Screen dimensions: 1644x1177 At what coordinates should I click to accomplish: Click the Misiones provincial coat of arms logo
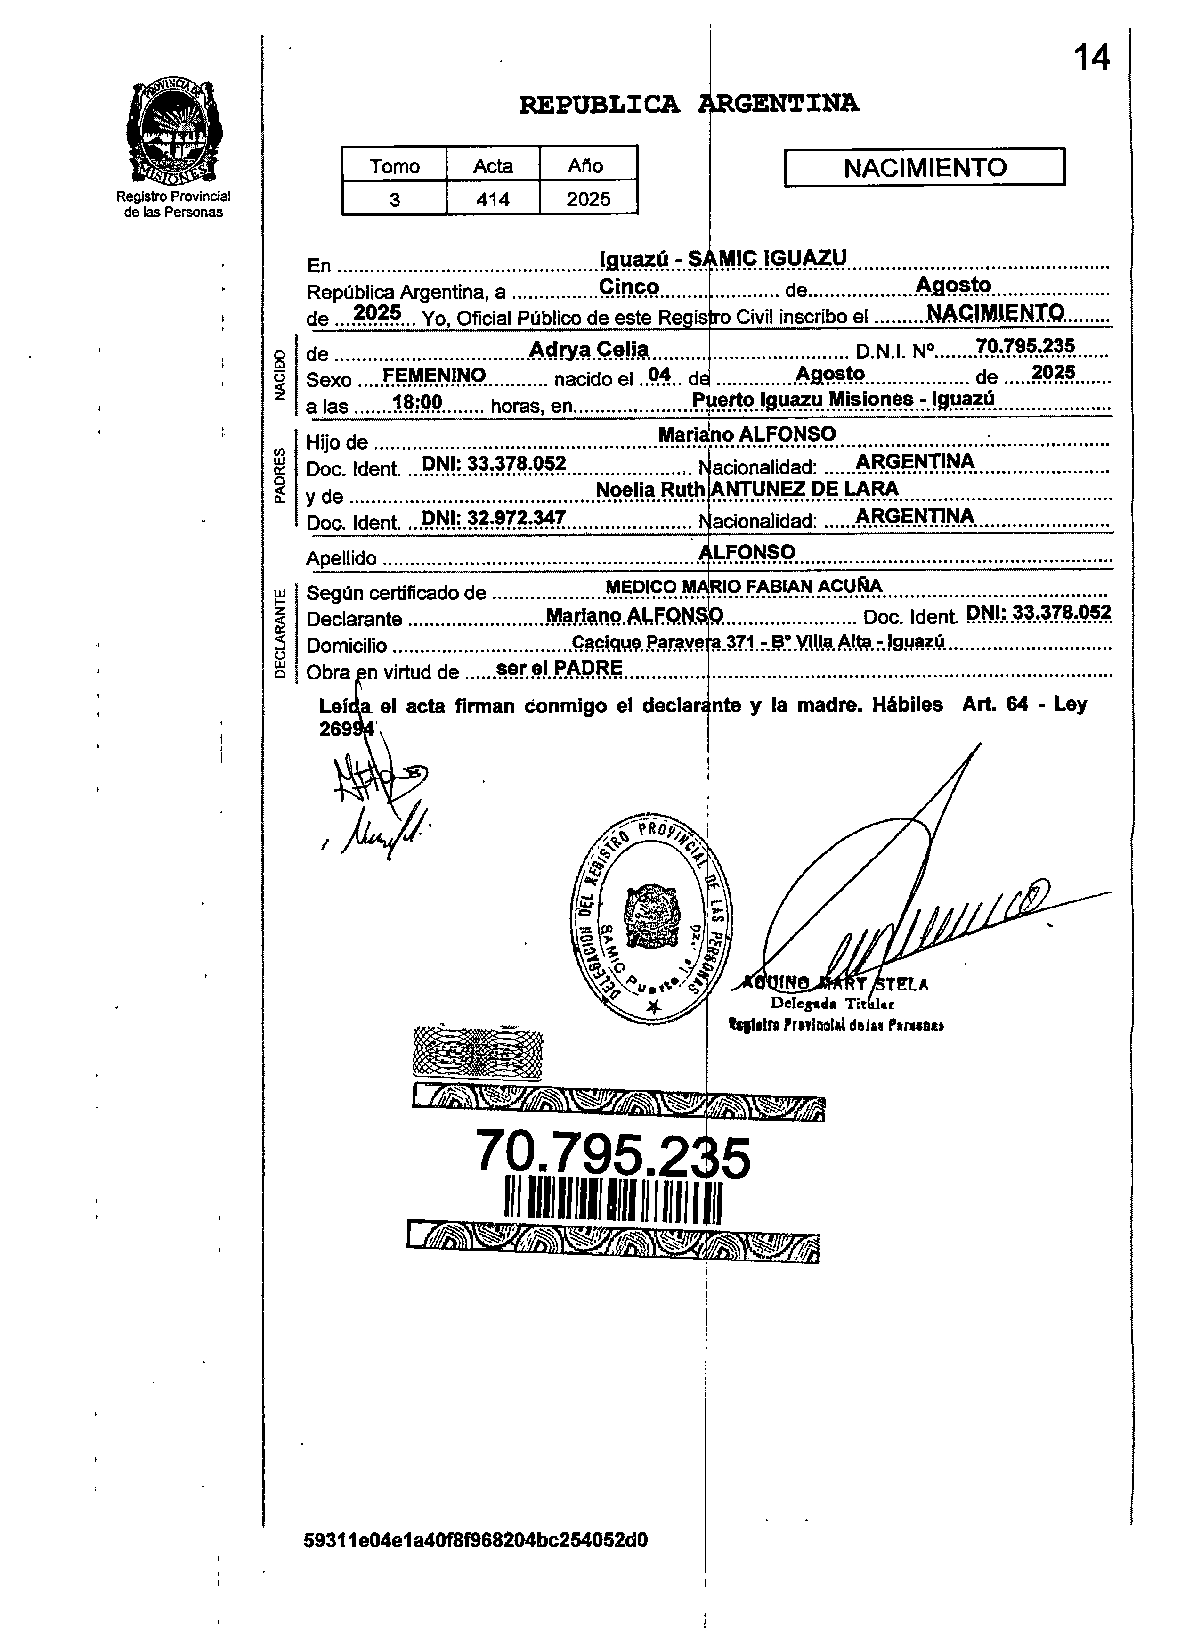[x=174, y=132]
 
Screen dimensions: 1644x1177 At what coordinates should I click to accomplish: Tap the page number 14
[x=1091, y=58]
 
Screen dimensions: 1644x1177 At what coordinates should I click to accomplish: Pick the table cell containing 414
[x=493, y=199]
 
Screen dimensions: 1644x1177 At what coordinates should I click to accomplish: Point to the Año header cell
[x=588, y=166]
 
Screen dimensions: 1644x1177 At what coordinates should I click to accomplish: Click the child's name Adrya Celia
[x=589, y=349]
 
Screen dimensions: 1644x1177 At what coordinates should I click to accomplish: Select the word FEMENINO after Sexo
[x=433, y=376]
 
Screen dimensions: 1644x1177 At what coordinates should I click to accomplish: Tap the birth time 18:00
[x=417, y=402]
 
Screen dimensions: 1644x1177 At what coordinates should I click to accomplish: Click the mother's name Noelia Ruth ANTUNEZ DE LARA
[x=747, y=489]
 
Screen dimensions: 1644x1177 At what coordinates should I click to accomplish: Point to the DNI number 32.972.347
[x=493, y=517]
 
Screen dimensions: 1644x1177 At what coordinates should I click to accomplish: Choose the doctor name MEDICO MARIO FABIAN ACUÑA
[x=743, y=586]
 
